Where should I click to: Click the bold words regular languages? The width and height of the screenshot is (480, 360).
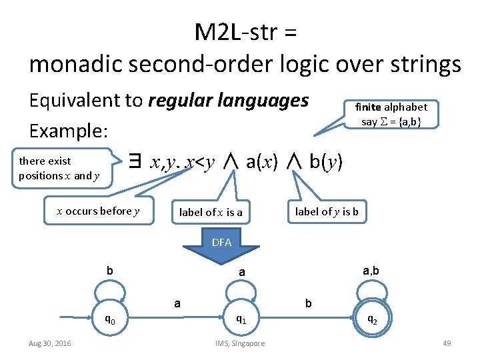(228, 101)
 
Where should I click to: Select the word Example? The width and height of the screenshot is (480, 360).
(67, 131)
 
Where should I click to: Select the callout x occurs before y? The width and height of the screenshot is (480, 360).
(98, 211)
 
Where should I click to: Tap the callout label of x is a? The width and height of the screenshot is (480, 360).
(211, 213)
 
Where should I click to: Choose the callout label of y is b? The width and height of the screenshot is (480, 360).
(327, 212)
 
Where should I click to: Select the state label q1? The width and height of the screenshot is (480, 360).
(241, 320)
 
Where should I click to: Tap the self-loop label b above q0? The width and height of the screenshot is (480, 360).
(110, 271)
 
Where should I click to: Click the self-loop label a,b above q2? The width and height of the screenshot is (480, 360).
(371, 271)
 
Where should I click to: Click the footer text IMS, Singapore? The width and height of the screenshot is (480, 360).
(240, 343)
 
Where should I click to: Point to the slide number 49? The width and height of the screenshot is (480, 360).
(447, 343)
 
